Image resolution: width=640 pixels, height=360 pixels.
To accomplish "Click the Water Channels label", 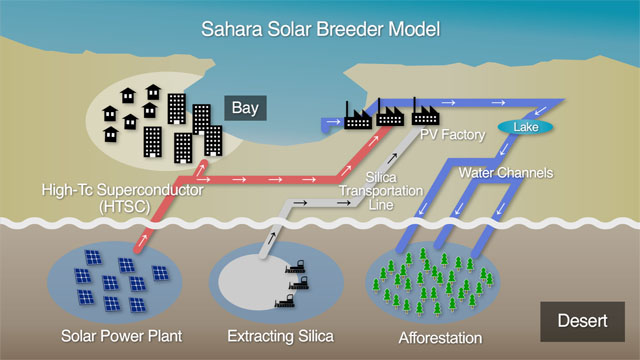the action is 505,172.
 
